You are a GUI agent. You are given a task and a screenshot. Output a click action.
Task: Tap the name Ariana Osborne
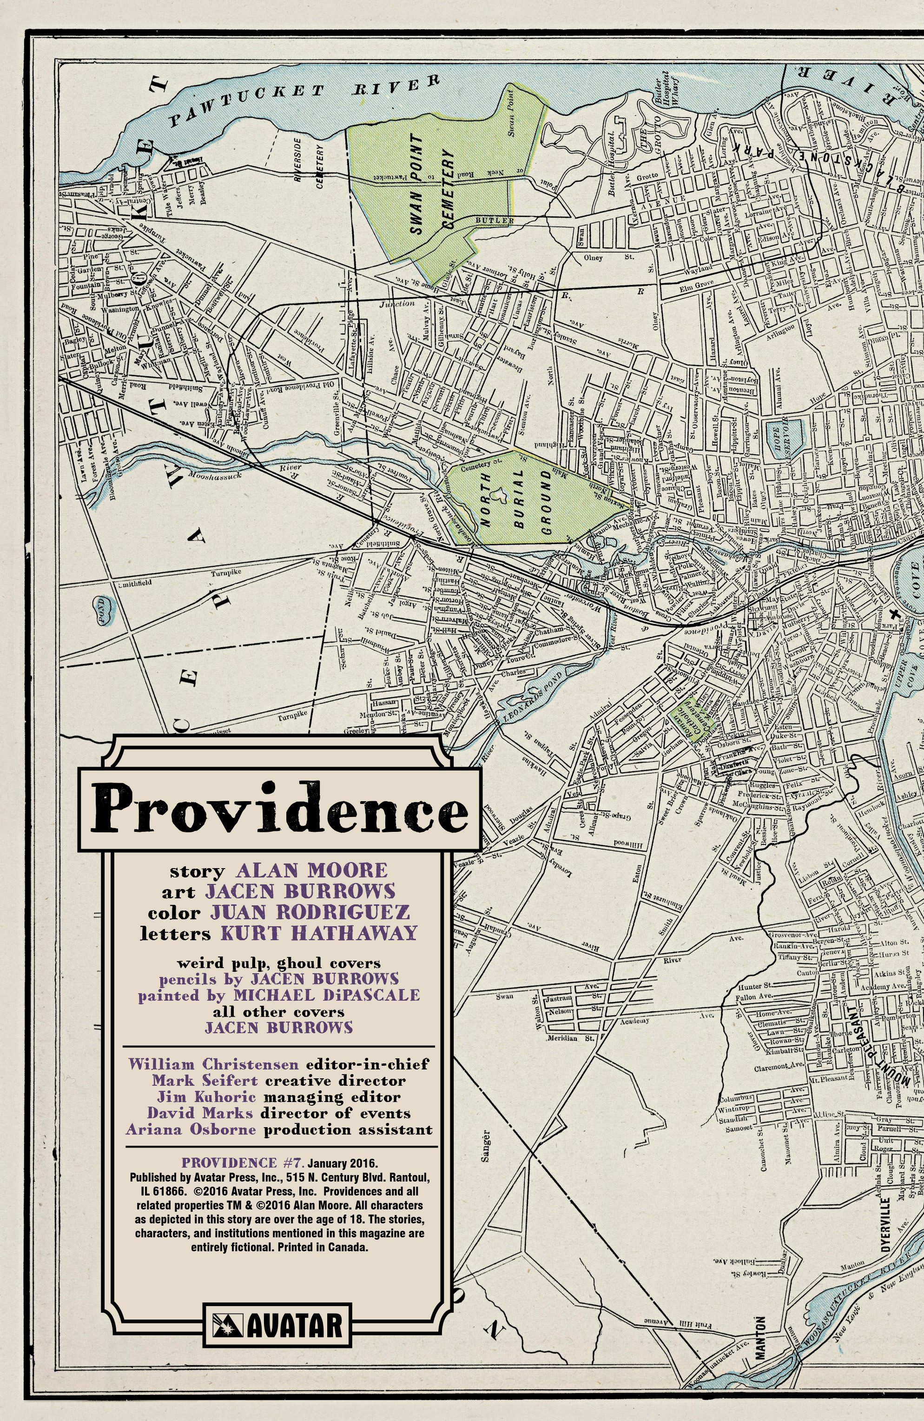[x=191, y=1129]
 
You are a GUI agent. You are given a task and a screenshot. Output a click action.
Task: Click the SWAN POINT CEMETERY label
[x=432, y=185]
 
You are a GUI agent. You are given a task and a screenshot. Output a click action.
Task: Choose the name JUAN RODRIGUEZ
[x=309, y=912]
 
